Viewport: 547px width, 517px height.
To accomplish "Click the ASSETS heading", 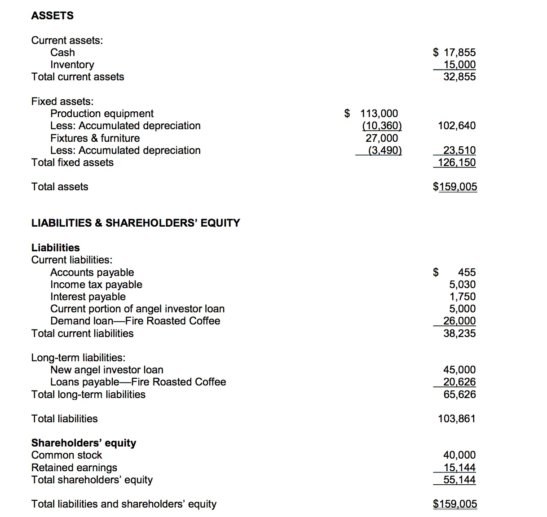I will click(x=52, y=16).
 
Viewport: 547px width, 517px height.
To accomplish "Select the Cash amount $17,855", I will click(x=454, y=53).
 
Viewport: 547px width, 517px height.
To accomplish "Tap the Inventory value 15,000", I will click(x=459, y=65).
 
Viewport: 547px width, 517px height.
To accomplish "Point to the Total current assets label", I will click(x=78, y=77).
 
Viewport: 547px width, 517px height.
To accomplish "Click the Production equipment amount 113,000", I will click(x=379, y=114).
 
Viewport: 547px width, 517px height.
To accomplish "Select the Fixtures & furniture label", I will click(x=95, y=138).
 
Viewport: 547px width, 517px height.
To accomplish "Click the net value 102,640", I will click(x=457, y=126).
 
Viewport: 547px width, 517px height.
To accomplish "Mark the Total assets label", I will click(x=60, y=187).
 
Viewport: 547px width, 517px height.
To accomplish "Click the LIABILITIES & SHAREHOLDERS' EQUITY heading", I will click(x=136, y=223).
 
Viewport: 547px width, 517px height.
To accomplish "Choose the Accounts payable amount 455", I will click(x=467, y=272).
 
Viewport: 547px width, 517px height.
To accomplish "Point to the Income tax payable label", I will click(x=96, y=285).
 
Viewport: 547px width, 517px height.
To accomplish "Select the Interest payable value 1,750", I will click(x=462, y=297).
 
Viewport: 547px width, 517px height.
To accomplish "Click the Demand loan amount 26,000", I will click(x=459, y=321).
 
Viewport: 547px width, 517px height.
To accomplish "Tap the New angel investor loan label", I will click(x=107, y=370).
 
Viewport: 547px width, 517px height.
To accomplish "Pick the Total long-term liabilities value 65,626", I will click(x=459, y=394).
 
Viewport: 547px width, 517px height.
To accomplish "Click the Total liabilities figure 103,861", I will click(x=457, y=419).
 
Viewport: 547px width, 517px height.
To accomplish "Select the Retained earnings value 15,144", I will click(x=459, y=468).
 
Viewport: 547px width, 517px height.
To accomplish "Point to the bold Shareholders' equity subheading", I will click(x=84, y=443).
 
